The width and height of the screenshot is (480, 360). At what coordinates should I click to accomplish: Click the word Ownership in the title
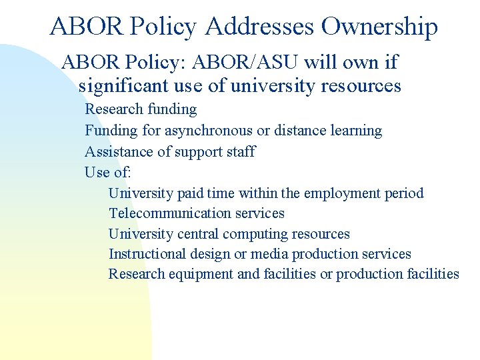coord(379,27)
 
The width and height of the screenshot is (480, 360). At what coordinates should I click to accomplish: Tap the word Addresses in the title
coord(260,27)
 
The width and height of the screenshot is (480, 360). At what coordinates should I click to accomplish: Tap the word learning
coord(357,131)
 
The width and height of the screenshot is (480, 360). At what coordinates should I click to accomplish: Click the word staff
coord(241,151)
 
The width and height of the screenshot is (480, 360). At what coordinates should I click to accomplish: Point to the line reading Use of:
coord(107,173)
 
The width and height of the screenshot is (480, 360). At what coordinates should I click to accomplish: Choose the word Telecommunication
coord(167,213)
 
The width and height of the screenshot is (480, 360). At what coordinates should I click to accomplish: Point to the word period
coord(404,194)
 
